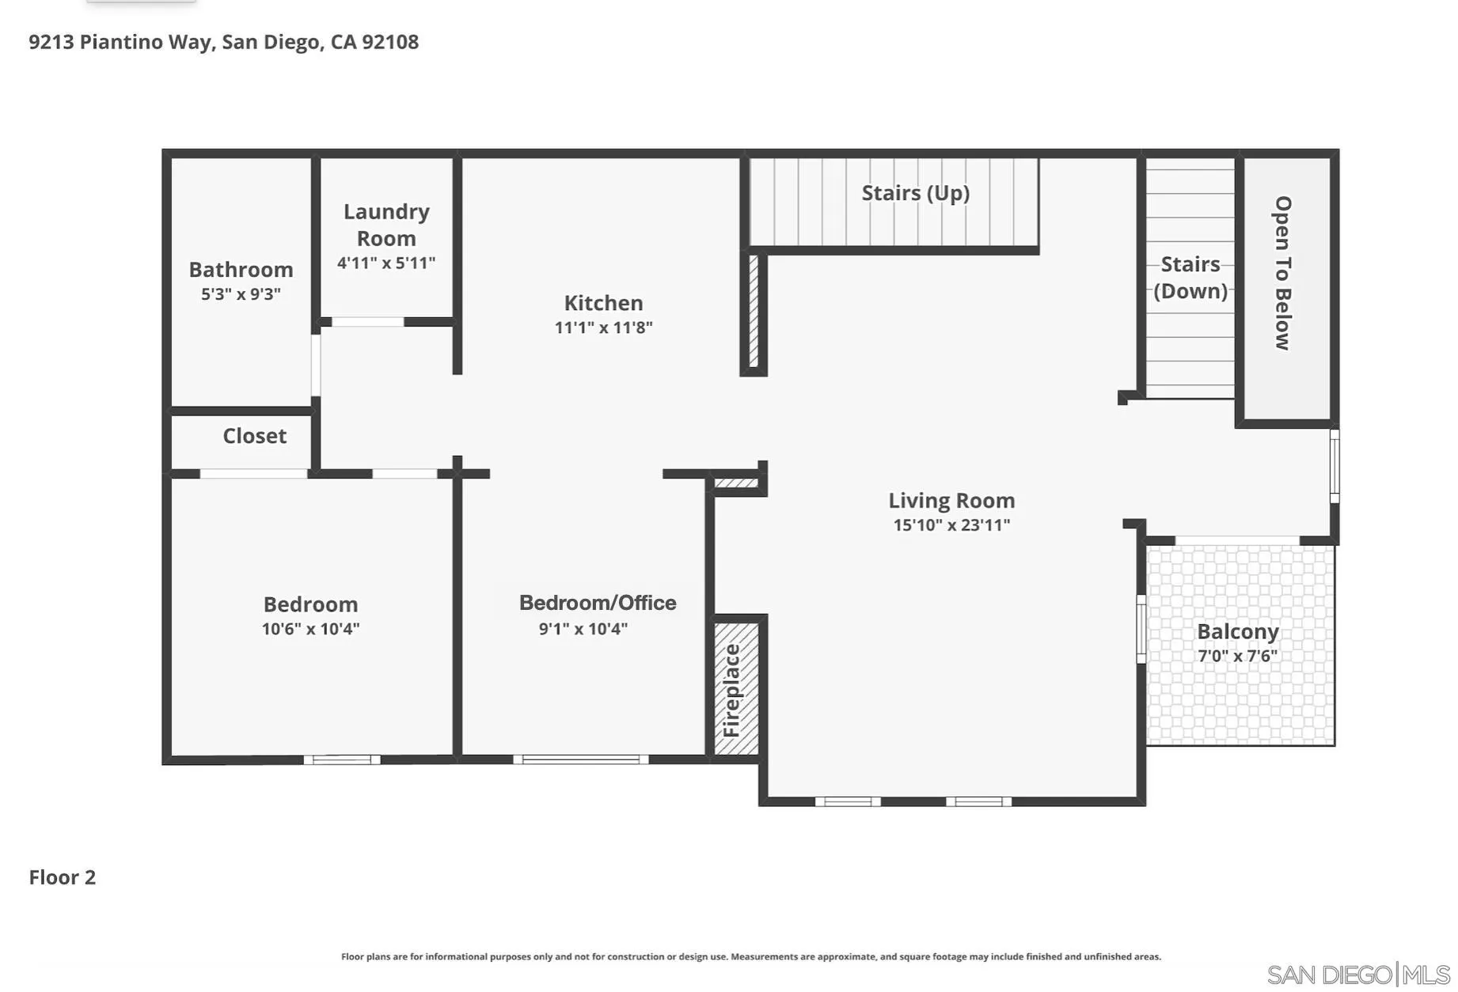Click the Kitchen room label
(x=603, y=303)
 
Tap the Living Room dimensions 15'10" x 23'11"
(x=951, y=524)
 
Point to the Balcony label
(x=1237, y=631)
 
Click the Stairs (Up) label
(x=915, y=193)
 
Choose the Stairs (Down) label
(x=1190, y=277)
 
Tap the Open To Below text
(x=1282, y=273)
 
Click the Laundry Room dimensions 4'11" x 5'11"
(x=386, y=263)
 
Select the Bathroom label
(x=241, y=270)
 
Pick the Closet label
(x=254, y=436)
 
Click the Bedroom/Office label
(x=598, y=603)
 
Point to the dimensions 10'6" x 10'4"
(x=310, y=629)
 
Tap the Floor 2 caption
(x=62, y=877)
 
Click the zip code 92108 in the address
(x=390, y=42)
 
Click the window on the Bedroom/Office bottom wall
(x=580, y=759)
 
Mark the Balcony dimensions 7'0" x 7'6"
(x=1237, y=656)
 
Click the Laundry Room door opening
(x=367, y=322)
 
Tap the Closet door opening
(x=253, y=474)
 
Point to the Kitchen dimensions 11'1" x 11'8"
(x=603, y=328)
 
